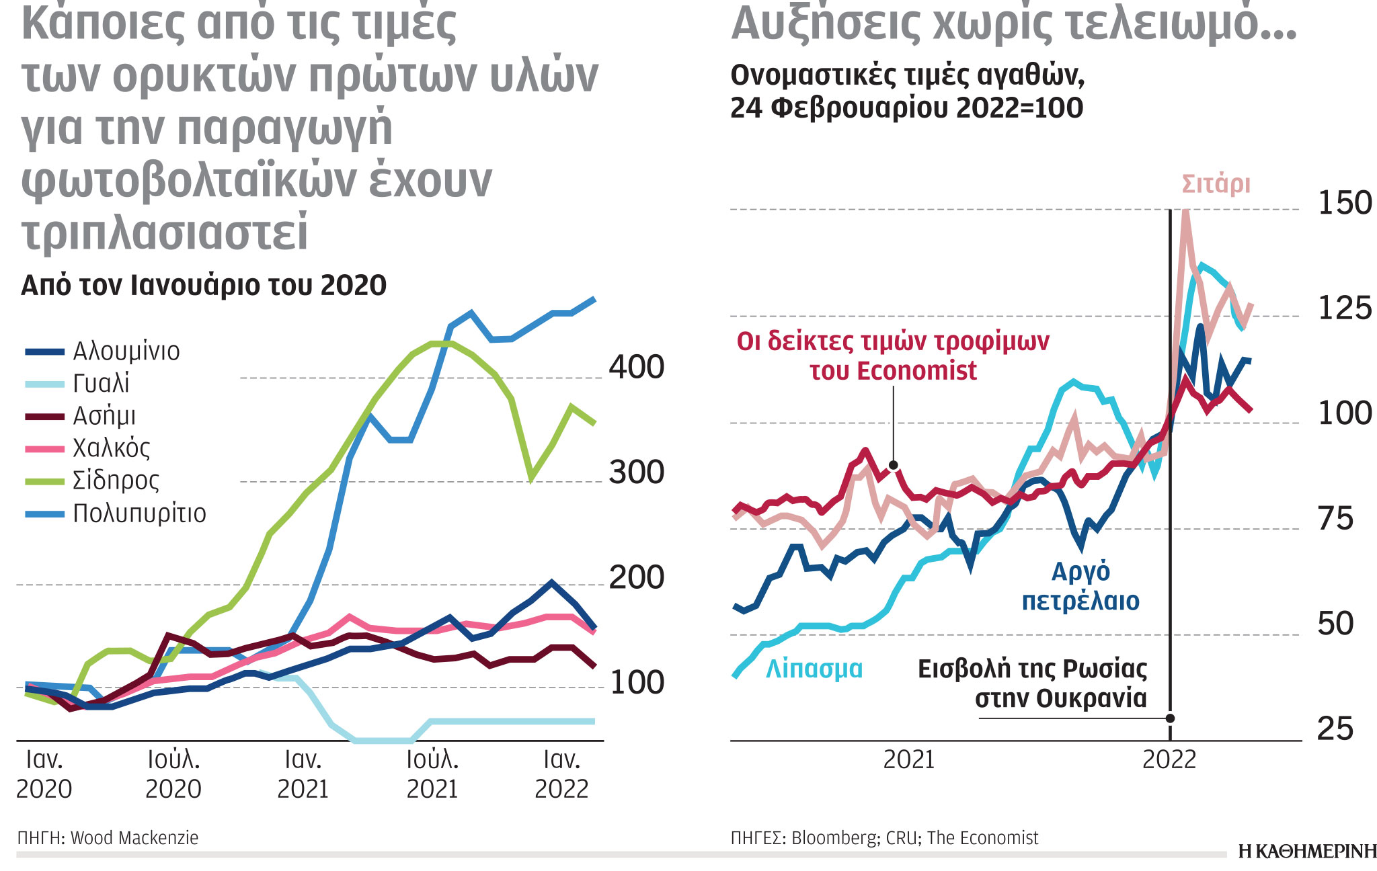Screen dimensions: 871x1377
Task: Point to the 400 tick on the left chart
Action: (x=636, y=368)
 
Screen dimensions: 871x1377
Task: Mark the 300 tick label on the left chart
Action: (x=636, y=472)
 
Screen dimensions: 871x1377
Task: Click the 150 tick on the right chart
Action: (x=1344, y=203)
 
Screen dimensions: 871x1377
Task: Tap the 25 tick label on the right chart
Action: (x=1335, y=729)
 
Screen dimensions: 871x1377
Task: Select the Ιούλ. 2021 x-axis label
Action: (x=432, y=774)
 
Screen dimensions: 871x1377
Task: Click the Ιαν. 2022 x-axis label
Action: (x=561, y=774)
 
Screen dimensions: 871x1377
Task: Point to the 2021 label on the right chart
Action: (x=908, y=760)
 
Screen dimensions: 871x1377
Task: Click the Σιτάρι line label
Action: (x=1216, y=183)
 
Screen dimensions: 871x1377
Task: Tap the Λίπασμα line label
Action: (x=814, y=669)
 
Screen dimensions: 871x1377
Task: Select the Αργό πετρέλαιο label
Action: (x=1080, y=586)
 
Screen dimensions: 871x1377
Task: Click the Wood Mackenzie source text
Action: (x=134, y=838)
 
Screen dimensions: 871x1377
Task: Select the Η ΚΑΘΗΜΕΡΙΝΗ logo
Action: (x=1307, y=852)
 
